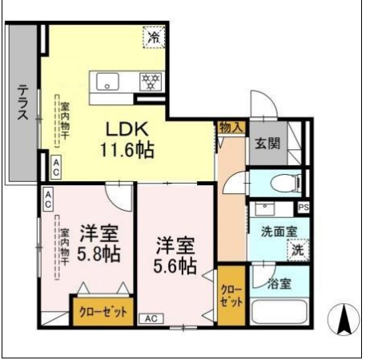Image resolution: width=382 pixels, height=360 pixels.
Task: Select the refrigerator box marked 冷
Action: click(x=152, y=35)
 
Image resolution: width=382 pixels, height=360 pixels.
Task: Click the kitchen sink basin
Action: click(x=108, y=80)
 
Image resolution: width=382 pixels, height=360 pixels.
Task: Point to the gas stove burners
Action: click(x=149, y=80)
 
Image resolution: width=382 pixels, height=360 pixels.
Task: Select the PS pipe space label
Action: click(x=303, y=208)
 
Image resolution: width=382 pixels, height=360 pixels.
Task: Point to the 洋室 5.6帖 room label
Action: click(x=176, y=254)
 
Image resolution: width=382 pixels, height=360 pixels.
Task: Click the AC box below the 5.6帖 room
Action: click(x=151, y=318)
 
